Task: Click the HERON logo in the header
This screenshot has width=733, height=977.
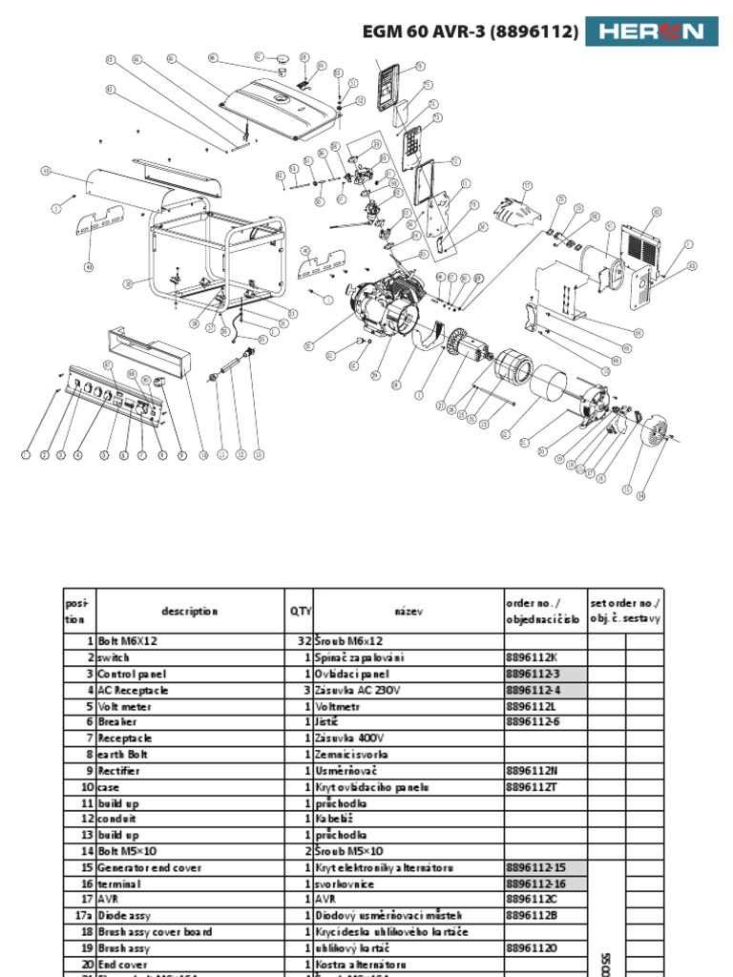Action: (x=651, y=31)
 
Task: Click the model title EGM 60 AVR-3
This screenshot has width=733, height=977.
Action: (x=470, y=32)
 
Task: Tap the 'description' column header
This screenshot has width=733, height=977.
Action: (x=190, y=612)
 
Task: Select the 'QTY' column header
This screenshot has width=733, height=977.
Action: (x=301, y=612)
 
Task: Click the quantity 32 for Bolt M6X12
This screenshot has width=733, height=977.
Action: (x=303, y=642)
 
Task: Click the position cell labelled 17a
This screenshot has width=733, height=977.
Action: (x=83, y=915)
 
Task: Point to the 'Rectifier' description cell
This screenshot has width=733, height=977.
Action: (x=118, y=771)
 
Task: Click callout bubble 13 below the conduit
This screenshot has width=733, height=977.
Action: (x=259, y=455)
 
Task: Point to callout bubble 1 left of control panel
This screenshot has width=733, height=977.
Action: (x=26, y=455)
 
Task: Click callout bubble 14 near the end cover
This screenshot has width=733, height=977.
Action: (x=640, y=495)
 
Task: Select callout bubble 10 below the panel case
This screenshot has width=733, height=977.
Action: (x=203, y=455)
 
